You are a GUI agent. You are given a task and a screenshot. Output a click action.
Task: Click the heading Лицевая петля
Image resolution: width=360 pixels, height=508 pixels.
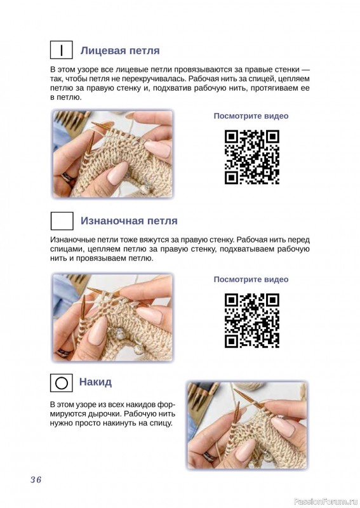(120, 51)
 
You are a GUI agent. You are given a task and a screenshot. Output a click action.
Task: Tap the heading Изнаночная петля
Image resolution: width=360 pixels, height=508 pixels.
(129, 220)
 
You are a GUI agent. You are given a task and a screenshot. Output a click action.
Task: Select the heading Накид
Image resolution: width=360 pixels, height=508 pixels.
(96, 382)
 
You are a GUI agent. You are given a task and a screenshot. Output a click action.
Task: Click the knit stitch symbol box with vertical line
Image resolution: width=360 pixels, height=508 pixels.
(61, 50)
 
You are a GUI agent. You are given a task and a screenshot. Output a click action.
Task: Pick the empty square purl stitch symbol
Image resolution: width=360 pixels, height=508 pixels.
(62, 221)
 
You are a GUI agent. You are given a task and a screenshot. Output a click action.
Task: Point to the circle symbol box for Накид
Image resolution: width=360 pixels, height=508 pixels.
(61, 383)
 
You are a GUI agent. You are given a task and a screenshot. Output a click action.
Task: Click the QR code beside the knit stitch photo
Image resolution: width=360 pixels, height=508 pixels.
(252, 157)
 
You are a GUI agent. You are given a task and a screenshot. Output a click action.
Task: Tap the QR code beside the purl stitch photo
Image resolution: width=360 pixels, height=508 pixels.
(252, 321)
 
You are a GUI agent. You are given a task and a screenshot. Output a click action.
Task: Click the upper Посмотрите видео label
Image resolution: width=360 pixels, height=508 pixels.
(251, 116)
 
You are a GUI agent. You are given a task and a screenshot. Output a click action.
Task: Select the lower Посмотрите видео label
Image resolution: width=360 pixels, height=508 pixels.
(251, 279)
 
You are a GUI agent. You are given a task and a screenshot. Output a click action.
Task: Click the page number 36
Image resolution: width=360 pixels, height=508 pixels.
(36, 479)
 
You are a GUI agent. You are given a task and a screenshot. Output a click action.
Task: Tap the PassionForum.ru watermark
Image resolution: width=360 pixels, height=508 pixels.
(326, 502)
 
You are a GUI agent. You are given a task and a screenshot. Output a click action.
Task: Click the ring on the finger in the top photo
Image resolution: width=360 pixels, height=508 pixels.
(69, 178)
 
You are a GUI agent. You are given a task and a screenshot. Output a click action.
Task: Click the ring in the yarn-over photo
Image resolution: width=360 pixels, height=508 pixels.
(210, 457)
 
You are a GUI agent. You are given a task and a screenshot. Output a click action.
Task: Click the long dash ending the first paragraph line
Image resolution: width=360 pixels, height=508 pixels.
(305, 69)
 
